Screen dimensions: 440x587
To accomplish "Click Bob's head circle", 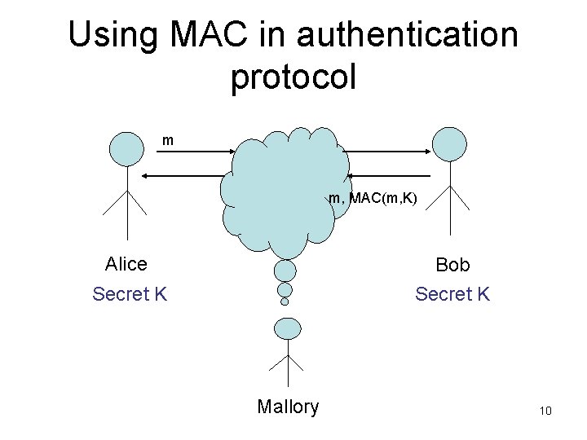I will pos(449,143).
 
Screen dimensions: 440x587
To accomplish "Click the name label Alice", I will pos(126,264).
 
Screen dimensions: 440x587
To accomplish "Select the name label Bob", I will pos(452,266).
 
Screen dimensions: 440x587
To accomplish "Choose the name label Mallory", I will pos(288,407).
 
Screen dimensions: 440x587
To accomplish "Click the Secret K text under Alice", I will pos(130,293).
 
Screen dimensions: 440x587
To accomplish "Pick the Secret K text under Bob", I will pos(452,293).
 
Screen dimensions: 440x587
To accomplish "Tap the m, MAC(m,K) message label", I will pos(373,196).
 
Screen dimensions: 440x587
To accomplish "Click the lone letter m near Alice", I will pos(168,141).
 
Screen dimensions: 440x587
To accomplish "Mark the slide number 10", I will pos(545,411).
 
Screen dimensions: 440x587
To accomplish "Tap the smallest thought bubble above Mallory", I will pos(285,301).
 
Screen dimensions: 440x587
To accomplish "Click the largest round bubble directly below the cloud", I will pos(285,270).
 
